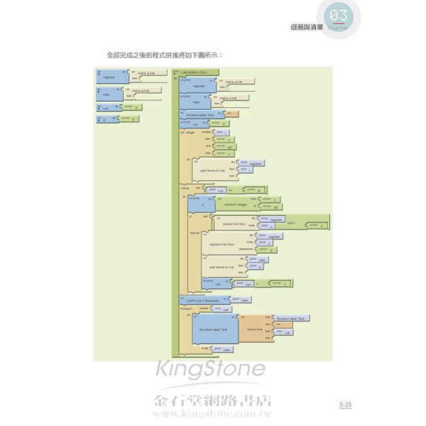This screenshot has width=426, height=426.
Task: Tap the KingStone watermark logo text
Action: [210, 371]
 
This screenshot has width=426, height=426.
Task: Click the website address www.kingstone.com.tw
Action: [213, 413]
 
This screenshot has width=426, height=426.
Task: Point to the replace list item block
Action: [222, 244]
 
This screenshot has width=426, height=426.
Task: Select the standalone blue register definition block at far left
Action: [109, 78]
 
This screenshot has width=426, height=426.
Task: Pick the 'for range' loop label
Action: [188, 132]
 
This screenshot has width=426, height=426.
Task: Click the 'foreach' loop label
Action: [186, 309]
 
